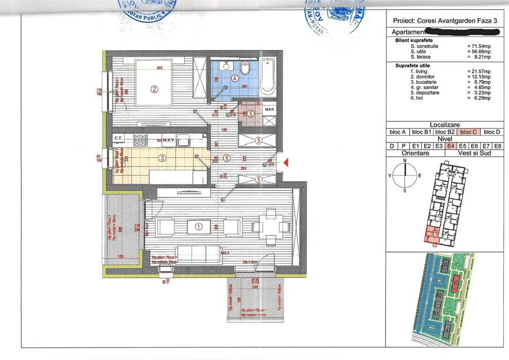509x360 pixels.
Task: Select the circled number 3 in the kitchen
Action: pos(163,158)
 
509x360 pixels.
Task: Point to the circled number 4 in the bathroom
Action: pos(234,79)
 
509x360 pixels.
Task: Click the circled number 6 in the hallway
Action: pos(227,158)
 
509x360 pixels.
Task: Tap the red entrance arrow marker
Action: pos(287,163)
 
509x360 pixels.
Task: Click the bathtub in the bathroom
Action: pos(268,78)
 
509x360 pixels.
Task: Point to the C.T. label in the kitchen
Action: pos(118,138)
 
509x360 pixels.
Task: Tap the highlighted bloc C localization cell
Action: pos(470,132)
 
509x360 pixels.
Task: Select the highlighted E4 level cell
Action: pos(451,146)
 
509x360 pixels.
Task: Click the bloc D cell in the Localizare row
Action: pos(493,132)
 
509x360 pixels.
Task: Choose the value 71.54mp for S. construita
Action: pos(478,46)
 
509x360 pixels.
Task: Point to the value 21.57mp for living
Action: pos(478,71)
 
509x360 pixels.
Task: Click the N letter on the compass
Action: pos(405,161)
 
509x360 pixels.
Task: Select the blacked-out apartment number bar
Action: pos(462,32)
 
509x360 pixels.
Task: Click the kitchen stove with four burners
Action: pos(141,138)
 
